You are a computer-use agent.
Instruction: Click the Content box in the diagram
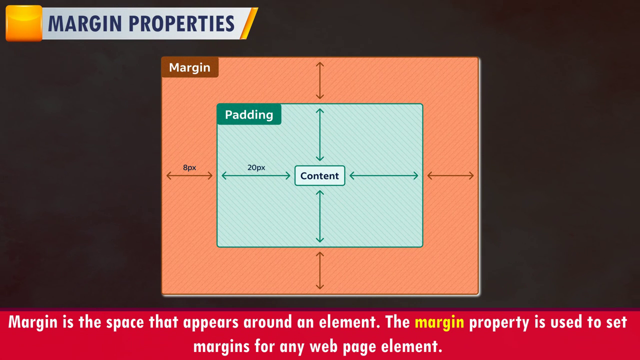pos(319,175)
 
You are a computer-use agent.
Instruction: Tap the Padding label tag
pos(249,114)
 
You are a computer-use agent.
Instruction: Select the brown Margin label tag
pos(190,67)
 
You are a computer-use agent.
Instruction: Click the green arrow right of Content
pos(383,175)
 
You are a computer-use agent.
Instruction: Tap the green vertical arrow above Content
pos(319,135)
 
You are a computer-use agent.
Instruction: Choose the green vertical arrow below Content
pos(319,216)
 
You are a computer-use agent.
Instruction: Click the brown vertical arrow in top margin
pos(319,80)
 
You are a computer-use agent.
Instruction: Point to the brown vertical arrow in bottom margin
pos(319,270)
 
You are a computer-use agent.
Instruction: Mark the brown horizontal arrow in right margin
pos(450,175)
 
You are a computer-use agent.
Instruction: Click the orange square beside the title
pos(24,23)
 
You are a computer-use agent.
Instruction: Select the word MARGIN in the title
pos(85,23)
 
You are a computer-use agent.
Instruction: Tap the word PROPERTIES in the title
pos(181,23)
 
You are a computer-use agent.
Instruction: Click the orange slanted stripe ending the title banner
pos(249,23)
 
